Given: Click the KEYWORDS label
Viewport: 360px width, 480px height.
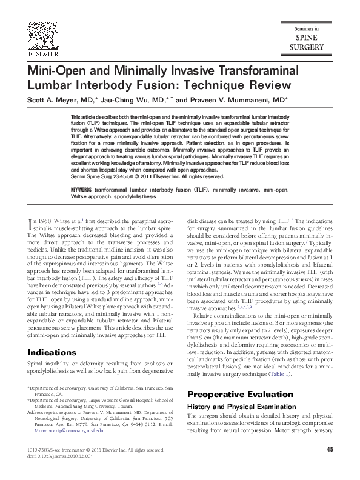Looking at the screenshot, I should click(x=82, y=190).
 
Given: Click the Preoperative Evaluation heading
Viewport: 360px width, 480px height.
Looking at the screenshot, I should click(x=232, y=393).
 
